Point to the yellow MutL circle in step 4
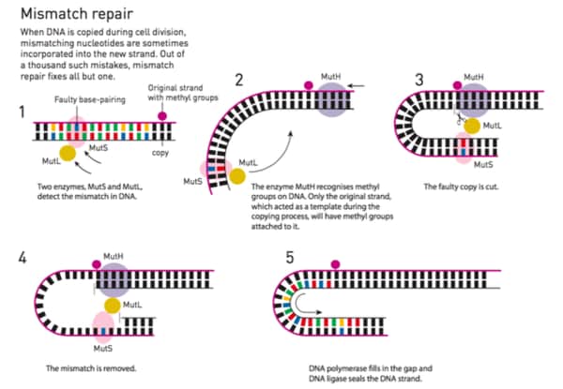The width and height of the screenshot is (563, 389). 112,306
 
